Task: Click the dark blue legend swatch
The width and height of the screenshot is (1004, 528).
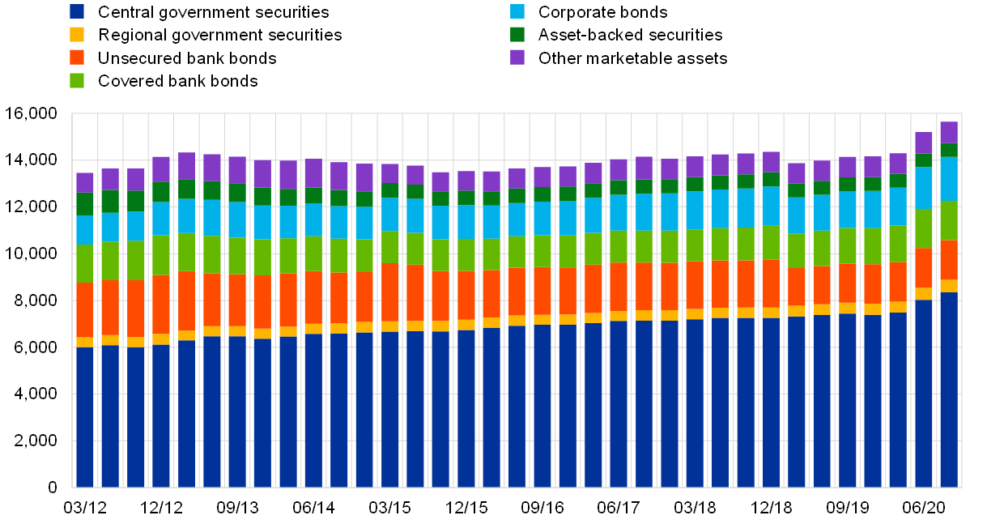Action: (x=77, y=11)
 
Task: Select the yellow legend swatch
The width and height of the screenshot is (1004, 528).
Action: (x=77, y=34)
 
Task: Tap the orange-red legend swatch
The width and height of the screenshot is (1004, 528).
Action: (x=77, y=57)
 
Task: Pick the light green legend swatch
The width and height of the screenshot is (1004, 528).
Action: (x=77, y=80)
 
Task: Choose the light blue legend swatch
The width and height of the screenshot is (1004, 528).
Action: (x=517, y=11)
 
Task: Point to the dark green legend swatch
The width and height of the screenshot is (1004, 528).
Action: (x=517, y=34)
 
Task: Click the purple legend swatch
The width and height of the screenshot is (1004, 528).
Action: (x=517, y=57)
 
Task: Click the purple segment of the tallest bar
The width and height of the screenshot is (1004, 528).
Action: (x=949, y=132)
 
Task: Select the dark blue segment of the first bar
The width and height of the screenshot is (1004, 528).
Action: (x=85, y=417)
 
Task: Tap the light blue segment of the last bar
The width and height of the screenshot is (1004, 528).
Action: (x=949, y=178)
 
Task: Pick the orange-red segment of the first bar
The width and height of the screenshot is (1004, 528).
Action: (x=85, y=309)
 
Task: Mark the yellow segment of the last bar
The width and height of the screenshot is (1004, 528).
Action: (x=949, y=286)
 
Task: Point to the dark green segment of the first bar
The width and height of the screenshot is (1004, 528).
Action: (x=85, y=203)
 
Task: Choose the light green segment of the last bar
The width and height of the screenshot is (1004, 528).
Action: (x=949, y=220)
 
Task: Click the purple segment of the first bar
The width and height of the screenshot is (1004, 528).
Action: (x=85, y=182)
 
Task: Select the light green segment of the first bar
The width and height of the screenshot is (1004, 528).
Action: (x=85, y=263)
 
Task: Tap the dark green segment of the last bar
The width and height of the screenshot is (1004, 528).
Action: (x=949, y=150)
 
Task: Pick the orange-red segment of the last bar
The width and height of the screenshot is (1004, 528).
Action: (x=949, y=260)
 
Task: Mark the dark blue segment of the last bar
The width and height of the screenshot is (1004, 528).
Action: (x=949, y=390)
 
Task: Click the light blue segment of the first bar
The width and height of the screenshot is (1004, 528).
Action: (x=85, y=229)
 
